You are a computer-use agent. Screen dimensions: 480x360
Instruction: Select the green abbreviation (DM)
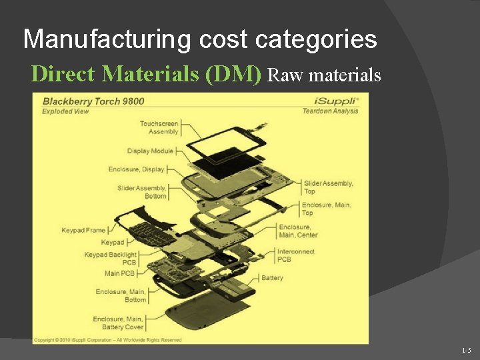tap(233, 74)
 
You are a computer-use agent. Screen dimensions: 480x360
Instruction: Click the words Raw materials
tap(324, 75)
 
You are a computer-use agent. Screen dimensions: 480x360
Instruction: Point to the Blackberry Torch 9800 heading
tap(93, 101)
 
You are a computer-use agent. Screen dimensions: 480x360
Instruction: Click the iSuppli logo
tap(336, 101)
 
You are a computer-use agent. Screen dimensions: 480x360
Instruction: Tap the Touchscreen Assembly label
tap(159, 127)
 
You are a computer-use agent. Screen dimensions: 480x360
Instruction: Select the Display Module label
tap(150, 151)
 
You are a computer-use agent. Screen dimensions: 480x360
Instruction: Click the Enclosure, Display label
tap(136, 169)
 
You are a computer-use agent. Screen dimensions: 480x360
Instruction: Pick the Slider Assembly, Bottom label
tap(141, 192)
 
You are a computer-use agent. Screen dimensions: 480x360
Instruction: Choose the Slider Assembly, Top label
tap(328, 187)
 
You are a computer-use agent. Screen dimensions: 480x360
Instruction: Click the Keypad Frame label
tap(83, 231)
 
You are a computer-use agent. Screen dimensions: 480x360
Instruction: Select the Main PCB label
tap(120, 273)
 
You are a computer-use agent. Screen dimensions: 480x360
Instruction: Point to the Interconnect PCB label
tap(297, 255)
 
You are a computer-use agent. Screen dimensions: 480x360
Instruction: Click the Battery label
tap(272, 278)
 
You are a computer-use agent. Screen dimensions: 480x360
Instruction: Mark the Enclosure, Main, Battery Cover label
tap(117, 323)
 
